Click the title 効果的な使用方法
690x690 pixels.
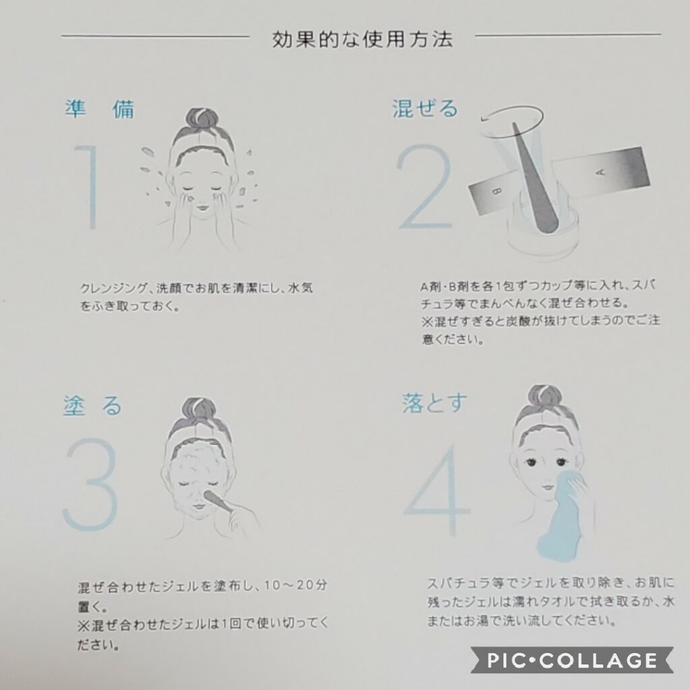[362, 39]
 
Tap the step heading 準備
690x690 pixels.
[100, 108]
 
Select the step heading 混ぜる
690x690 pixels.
[425, 108]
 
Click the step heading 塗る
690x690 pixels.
[92, 405]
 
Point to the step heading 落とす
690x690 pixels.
[435, 403]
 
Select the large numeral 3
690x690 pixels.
[91, 484]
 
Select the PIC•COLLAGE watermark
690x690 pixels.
[572, 660]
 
